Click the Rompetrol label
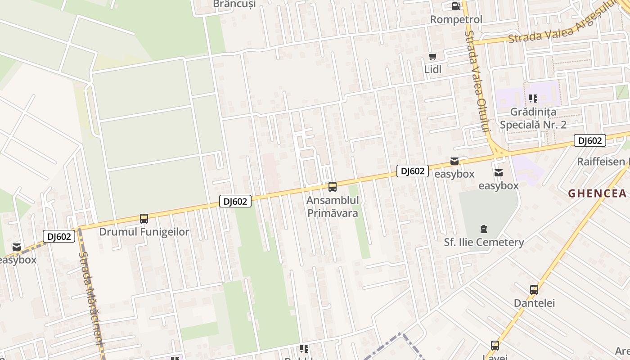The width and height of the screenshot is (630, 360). coord(456,19)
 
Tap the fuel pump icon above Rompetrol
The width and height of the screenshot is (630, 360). coord(456,6)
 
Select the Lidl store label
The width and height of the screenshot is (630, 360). coord(433,69)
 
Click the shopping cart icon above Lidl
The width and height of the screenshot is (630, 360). coord(433,57)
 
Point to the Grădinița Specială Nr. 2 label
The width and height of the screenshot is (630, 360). coord(533,118)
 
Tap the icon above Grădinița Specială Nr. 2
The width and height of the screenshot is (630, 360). coord(533,98)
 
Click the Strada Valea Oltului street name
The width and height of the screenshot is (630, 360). coord(477,81)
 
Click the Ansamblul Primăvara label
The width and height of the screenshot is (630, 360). coord(333,206)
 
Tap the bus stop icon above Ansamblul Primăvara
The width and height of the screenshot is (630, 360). coord(333,186)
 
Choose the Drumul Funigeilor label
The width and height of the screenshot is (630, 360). coord(144,232)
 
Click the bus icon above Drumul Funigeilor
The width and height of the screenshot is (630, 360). coord(144,219)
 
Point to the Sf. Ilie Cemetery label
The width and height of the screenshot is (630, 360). coord(484,242)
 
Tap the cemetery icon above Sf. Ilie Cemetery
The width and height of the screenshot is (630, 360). coord(484,229)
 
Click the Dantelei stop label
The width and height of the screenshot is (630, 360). coord(534,303)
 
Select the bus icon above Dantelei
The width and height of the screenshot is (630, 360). coord(534,290)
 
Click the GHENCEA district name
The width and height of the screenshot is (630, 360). coord(597,193)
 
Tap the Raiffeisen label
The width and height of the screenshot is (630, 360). coord(603,162)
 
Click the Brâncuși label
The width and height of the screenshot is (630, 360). coord(234,4)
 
